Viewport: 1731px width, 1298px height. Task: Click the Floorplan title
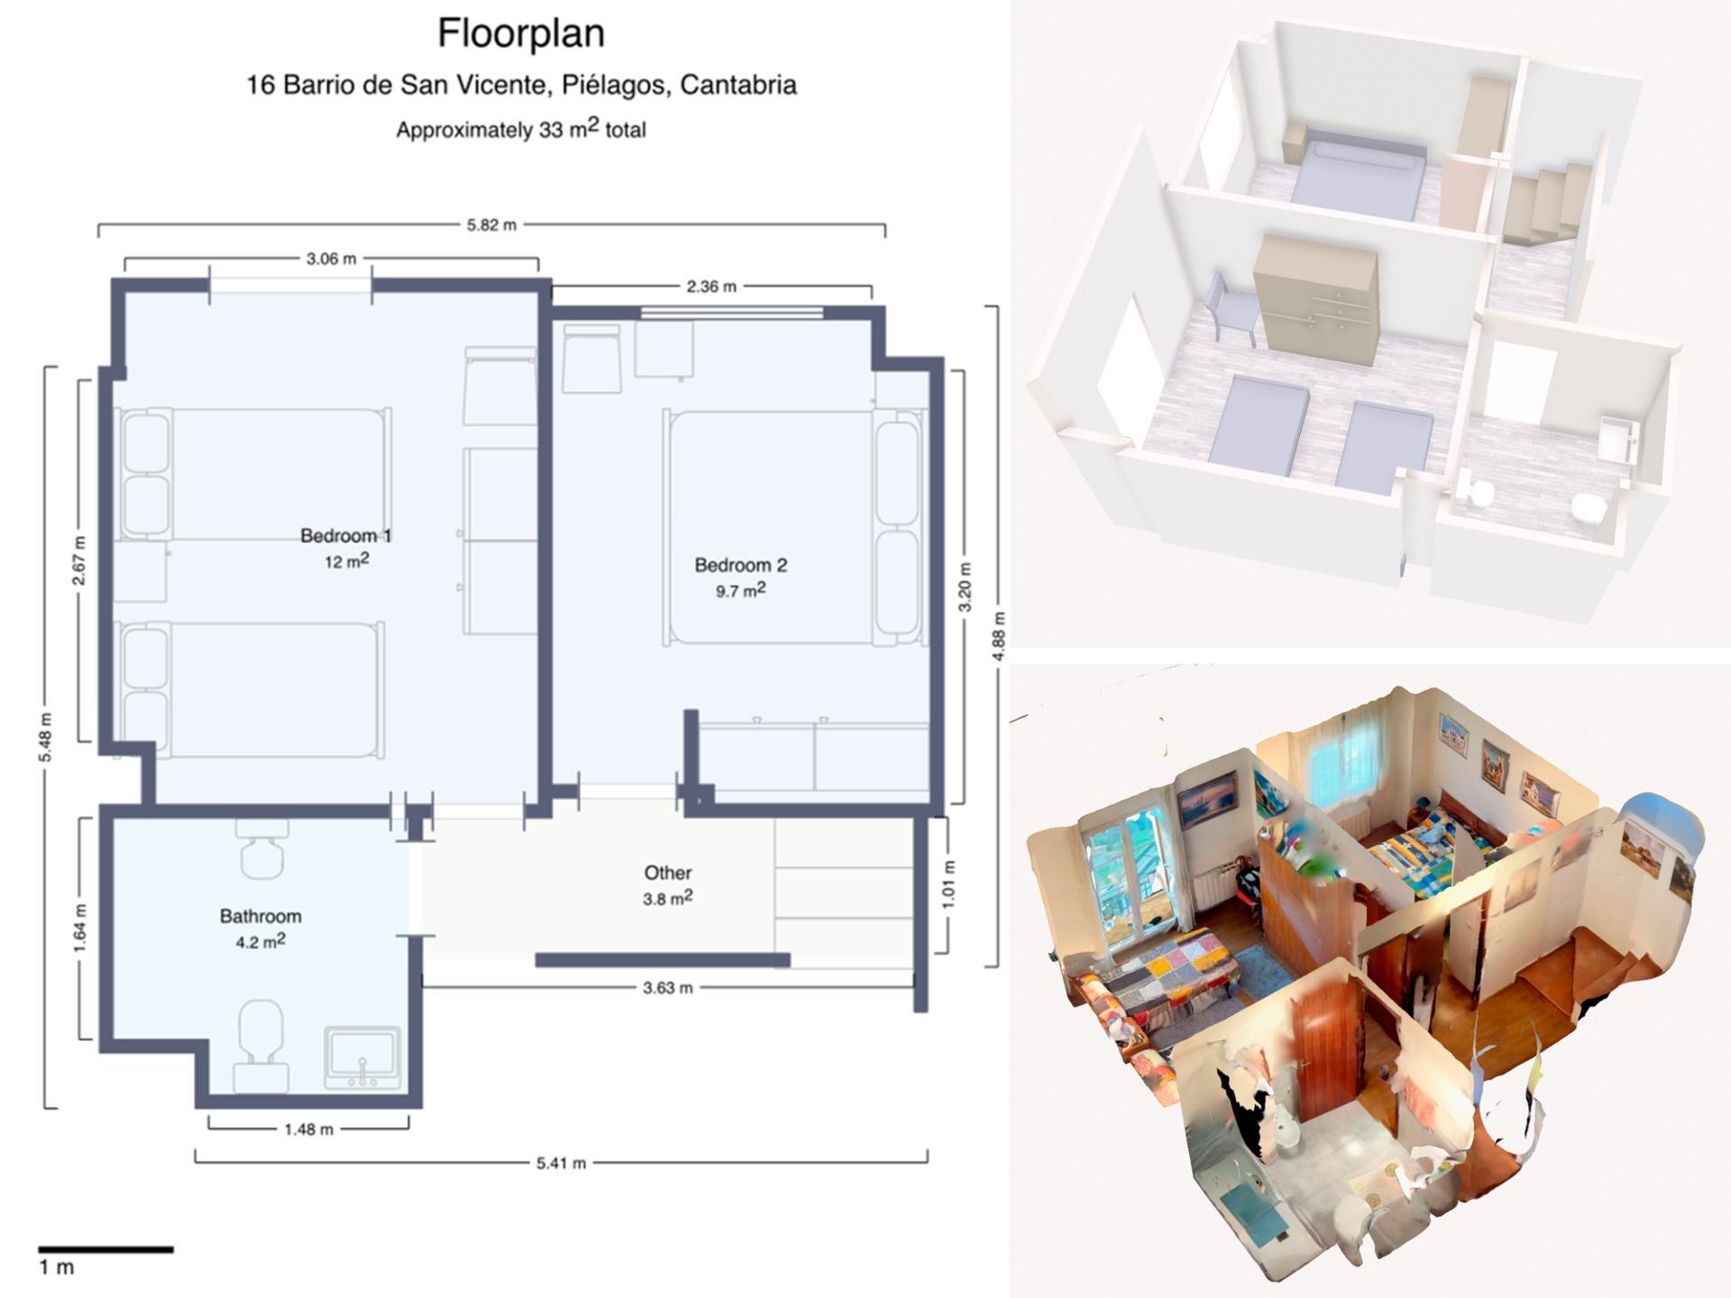point(521,33)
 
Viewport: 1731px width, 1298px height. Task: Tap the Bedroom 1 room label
point(346,535)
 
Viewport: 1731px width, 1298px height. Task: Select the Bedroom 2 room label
point(741,565)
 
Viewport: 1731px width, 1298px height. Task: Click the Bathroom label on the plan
point(261,916)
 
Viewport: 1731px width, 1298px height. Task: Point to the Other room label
point(668,873)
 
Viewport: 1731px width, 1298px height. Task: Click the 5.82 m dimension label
point(492,224)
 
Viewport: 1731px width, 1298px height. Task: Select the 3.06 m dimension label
point(331,259)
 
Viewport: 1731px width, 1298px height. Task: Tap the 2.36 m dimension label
point(711,287)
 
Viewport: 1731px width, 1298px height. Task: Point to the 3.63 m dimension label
point(668,988)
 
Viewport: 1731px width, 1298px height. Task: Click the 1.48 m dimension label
point(308,1129)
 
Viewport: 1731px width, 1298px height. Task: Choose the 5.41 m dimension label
point(561,1163)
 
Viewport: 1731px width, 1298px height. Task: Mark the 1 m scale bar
point(105,1249)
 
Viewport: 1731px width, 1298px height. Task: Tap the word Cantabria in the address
point(738,86)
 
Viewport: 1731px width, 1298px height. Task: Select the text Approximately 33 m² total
point(521,129)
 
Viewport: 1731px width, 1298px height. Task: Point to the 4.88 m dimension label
point(999,635)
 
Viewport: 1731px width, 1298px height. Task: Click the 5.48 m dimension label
point(46,736)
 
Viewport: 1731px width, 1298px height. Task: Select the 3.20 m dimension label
point(966,587)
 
